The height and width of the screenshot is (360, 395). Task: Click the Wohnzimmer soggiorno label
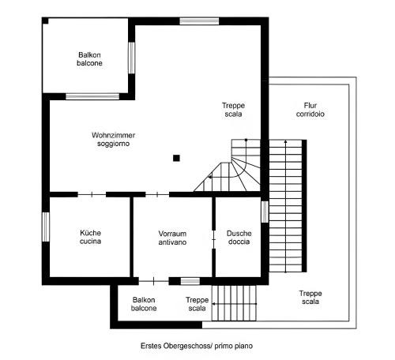pos(113,139)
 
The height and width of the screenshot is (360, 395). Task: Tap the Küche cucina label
pos(90,237)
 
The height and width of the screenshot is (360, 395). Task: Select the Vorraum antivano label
pos(172,238)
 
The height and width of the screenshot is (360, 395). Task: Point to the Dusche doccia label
pos(239,238)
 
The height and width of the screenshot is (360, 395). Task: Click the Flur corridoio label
pos(310,110)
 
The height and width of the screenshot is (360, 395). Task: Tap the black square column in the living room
pos(176,158)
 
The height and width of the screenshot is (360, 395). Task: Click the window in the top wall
pos(199,21)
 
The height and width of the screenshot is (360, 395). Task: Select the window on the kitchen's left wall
pos(46,227)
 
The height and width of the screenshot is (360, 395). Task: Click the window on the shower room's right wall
pos(265,212)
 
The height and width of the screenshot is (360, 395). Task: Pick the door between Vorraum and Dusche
pos(213,239)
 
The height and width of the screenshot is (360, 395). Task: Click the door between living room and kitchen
pos(92,195)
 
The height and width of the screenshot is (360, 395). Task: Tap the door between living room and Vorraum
pos(157,195)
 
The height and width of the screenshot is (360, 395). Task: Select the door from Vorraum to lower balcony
pos(153,281)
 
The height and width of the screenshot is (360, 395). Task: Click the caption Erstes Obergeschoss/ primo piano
pos(197,346)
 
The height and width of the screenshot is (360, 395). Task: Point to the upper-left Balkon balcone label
pos(89,59)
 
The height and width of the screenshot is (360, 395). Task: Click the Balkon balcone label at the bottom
pos(144,304)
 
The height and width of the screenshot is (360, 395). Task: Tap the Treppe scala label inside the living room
pos(233,110)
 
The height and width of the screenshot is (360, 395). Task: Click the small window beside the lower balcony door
pos(190,281)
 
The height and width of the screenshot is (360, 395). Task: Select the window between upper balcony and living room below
pos(92,96)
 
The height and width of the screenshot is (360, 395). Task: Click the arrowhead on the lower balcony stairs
pos(213,304)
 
